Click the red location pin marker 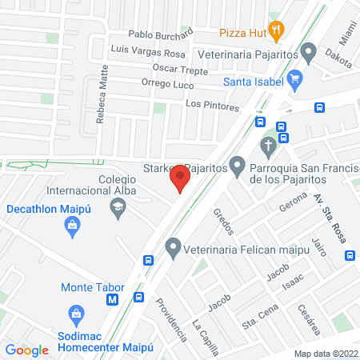click(x=181, y=177)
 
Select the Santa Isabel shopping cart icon click(x=295, y=78)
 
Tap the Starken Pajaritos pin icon click(x=237, y=167)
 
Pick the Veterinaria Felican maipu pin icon click(x=172, y=248)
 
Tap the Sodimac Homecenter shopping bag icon click(x=76, y=313)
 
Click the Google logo click(x=27, y=350)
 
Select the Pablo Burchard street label click(x=161, y=35)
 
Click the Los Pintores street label click(x=212, y=106)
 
